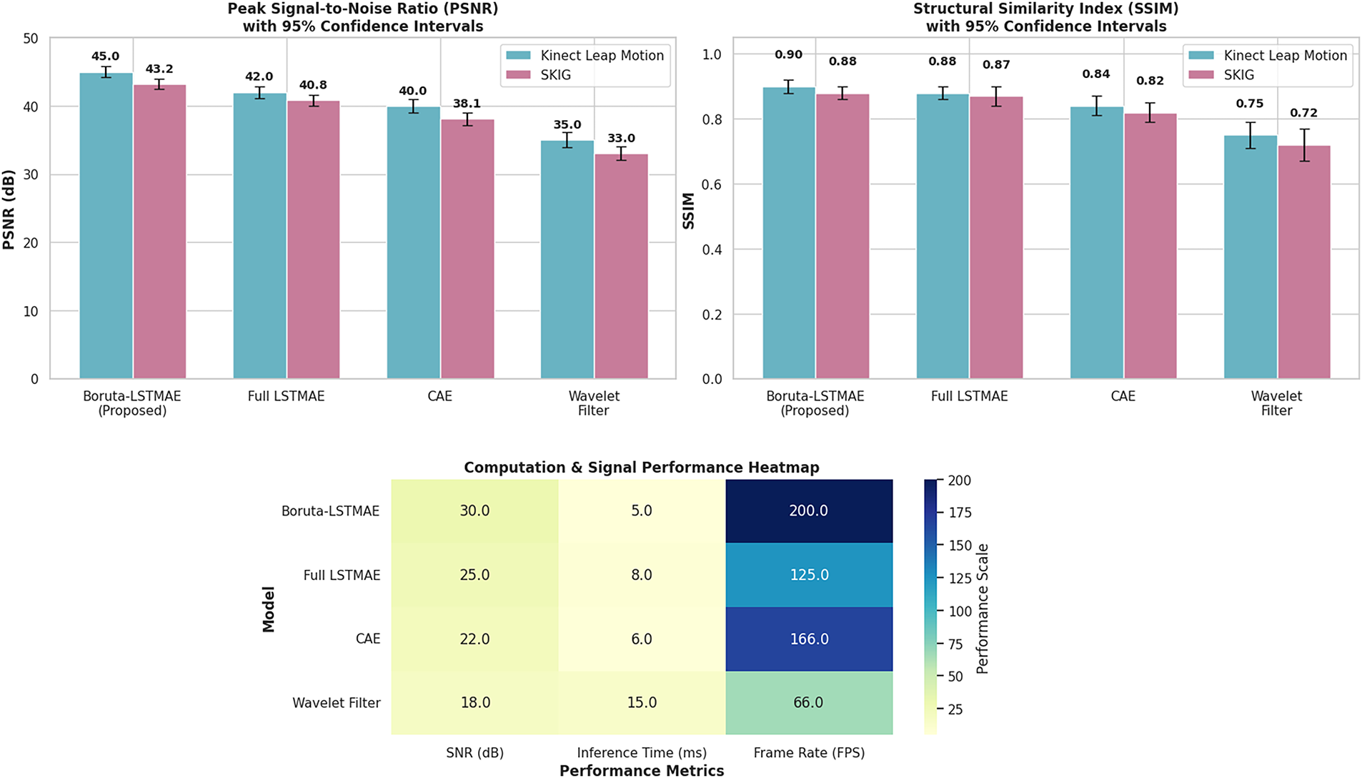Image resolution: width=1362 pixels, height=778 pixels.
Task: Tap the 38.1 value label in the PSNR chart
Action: tap(467, 104)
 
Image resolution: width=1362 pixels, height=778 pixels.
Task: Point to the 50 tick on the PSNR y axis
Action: tap(31, 39)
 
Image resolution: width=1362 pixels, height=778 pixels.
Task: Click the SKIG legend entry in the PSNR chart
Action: tap(555, 75)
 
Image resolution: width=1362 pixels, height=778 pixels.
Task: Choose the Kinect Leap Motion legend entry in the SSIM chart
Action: tap(1285, 56)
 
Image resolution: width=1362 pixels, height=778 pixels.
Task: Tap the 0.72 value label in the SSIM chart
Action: tap(1303, 113)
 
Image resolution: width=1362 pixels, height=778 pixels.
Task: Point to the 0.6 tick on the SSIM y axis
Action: tap(712, 184)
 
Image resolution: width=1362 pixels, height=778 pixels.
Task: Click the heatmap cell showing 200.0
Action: tap(809, 511)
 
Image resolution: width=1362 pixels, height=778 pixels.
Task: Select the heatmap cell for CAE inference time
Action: tap(642, 639)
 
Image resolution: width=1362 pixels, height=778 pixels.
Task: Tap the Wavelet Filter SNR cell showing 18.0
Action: tap(475, 702)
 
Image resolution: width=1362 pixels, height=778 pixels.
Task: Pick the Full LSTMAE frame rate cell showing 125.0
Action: tap(809, 575)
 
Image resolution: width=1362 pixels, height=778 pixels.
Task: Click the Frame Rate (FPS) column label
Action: tap(809, 752)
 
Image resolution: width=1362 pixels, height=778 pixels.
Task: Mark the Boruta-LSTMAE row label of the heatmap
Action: tap(330, 511)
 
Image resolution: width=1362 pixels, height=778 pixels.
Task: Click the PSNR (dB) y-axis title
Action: tap(9, 210)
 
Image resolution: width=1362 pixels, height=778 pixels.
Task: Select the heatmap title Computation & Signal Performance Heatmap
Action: tap(641, 468)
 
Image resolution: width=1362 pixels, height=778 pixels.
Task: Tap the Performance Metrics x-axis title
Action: tap(641, 770)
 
